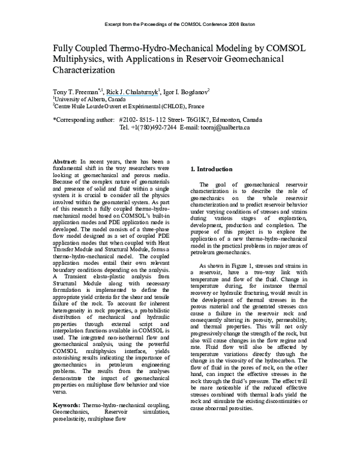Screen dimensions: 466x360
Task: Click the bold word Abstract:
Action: (65, 162)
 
